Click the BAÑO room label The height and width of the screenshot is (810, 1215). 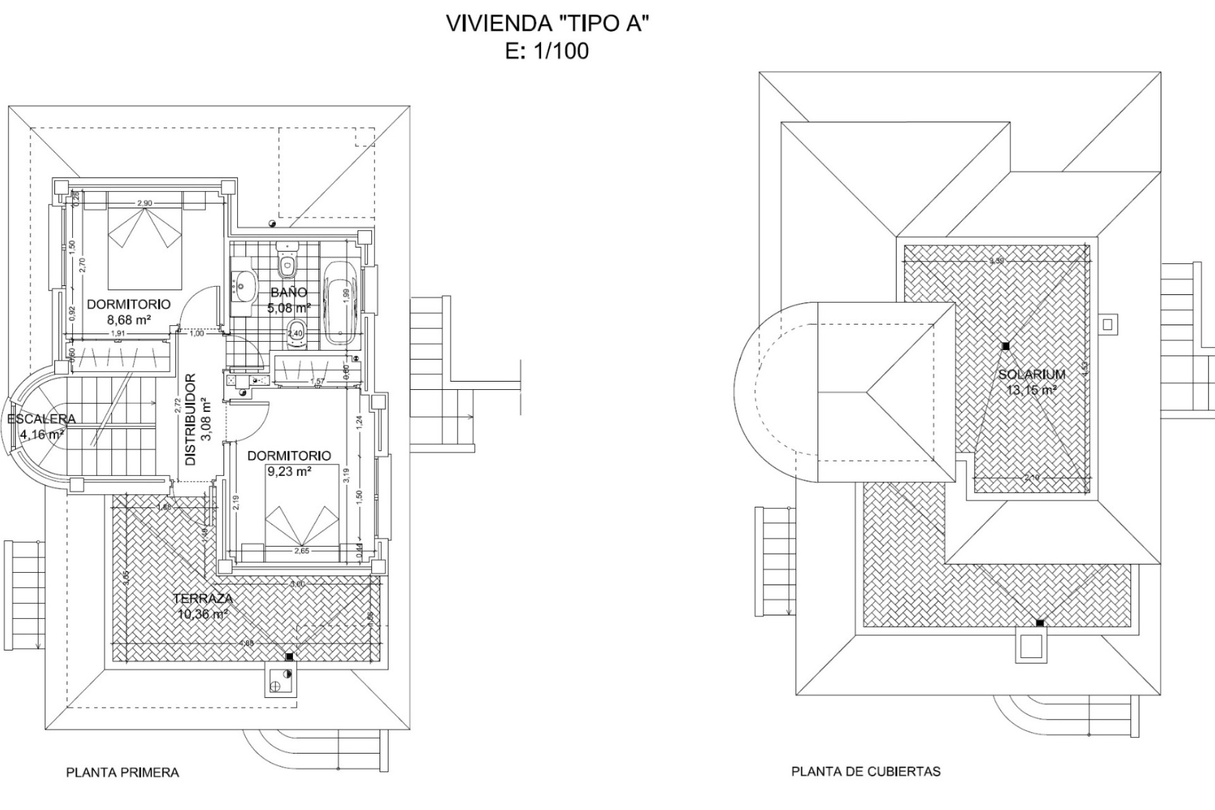click(289, 292)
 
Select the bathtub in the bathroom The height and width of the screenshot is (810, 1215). click(340, 304)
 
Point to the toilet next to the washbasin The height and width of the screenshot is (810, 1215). click(287, 261)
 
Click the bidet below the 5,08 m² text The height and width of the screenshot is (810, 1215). click(296, 333)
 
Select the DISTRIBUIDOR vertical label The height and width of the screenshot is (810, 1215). click(190, 419)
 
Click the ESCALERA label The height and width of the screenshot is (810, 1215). click(41, 418)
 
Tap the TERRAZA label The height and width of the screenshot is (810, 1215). click(203, 598)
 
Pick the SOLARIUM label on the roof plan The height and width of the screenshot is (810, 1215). click(1031, 374)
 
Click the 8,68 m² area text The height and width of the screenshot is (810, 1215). click(129, 320)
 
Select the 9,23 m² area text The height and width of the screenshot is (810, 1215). click(289, 471)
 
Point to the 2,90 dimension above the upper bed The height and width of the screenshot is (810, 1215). click(144, 203)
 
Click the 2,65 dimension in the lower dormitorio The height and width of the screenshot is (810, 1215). click(302, 551)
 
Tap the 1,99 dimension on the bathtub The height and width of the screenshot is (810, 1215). click(346, 296)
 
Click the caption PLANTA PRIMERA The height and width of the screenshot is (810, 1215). click(122, 772)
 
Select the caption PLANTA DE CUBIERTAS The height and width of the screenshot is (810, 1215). click(866, 771)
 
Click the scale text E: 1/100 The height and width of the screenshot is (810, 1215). click(547, 51)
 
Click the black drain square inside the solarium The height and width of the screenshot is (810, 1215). click(1005, 346)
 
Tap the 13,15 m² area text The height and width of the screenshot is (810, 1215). click(1031, 390)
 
